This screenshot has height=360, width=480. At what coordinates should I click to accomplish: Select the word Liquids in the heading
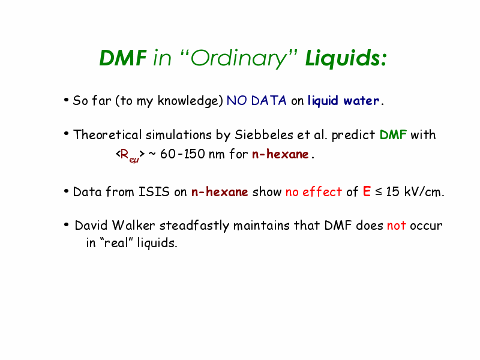[x=342, y=58]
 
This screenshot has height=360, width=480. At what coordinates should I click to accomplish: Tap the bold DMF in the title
[x=123, y=58]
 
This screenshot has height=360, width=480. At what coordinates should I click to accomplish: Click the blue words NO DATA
[x=257, y=100]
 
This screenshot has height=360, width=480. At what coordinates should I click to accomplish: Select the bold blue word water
[x=361, y=101]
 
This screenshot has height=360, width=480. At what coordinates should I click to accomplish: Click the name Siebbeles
[x=263, y=134]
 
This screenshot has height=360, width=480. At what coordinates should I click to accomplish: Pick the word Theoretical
[x=107, y=134]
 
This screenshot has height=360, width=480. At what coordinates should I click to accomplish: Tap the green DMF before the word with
[x=393, y=134]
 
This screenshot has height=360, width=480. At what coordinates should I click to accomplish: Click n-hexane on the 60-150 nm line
[x=280, y=154]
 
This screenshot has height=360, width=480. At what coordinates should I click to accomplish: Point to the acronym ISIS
[x=154, y=192]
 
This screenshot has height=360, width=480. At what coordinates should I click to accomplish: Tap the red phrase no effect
[x=313, y=192]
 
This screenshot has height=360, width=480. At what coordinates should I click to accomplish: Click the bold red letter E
[x=367, y=191]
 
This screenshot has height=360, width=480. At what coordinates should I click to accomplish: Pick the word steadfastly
[x=194, y=226]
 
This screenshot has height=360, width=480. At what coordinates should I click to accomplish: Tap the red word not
[x=397, y=226]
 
